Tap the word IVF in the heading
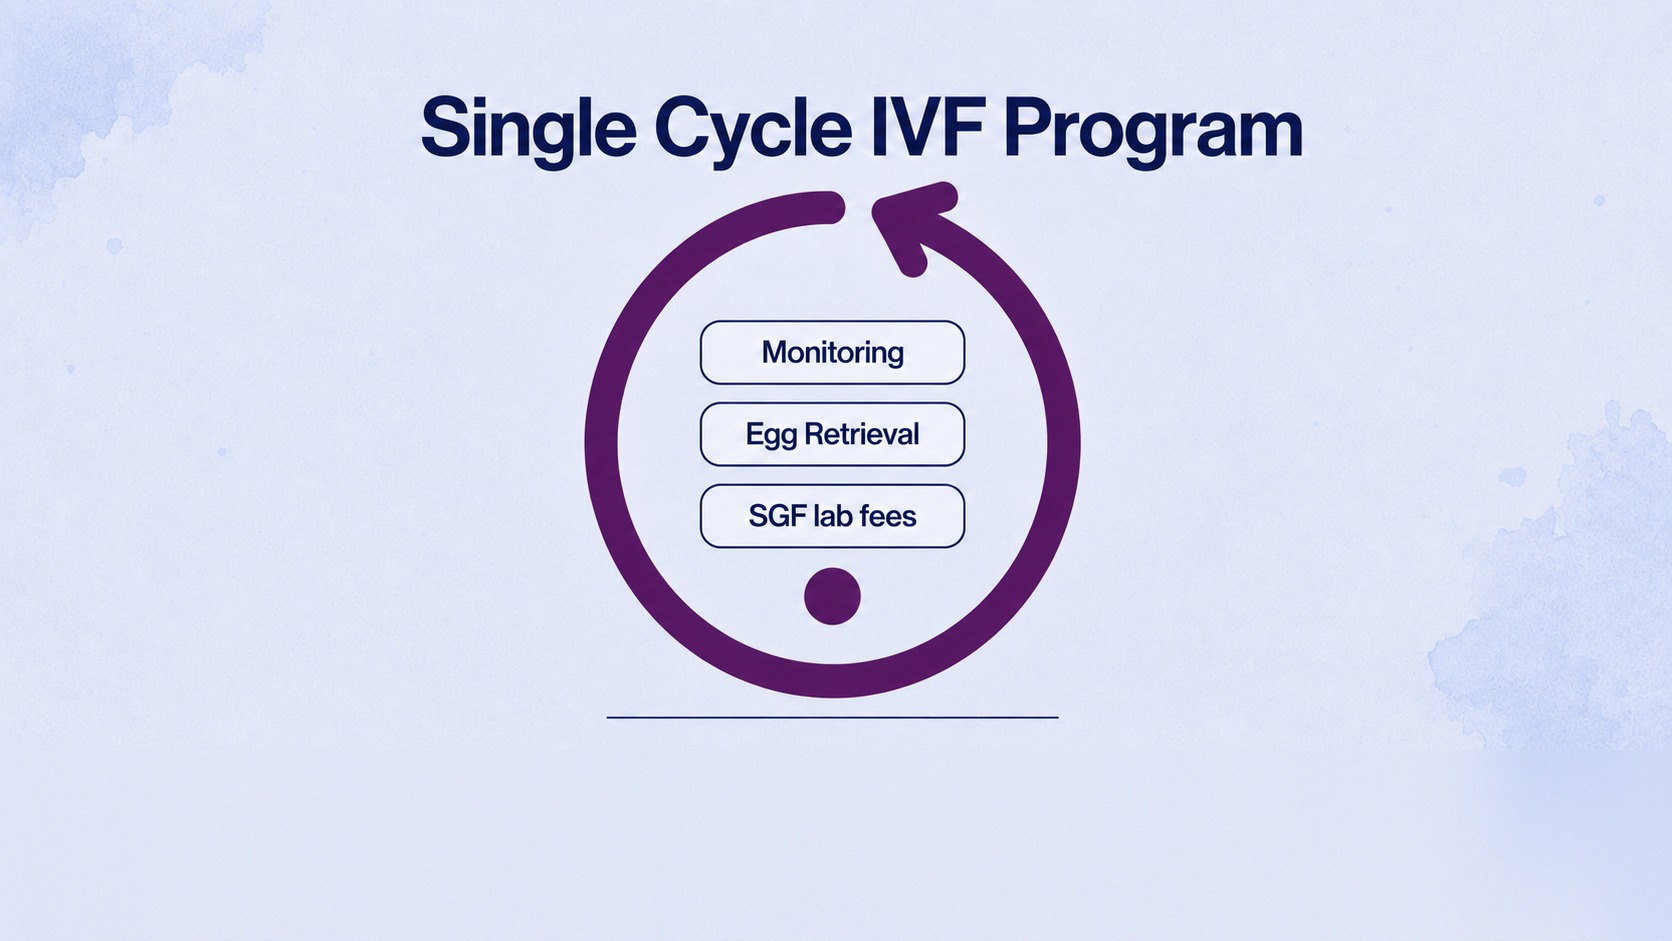(x=926, y=127)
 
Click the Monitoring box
(x=832, y=352)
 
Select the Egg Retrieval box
(x=832, y=434)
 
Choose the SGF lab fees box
(x=832, y=516)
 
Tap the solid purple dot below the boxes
(x=832, y=596)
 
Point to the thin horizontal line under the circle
(x=832, y=718)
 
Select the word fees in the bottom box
(x=888, y=516)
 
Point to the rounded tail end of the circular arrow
(x=830, y=207)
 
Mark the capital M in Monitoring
(x=776, y=352)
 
